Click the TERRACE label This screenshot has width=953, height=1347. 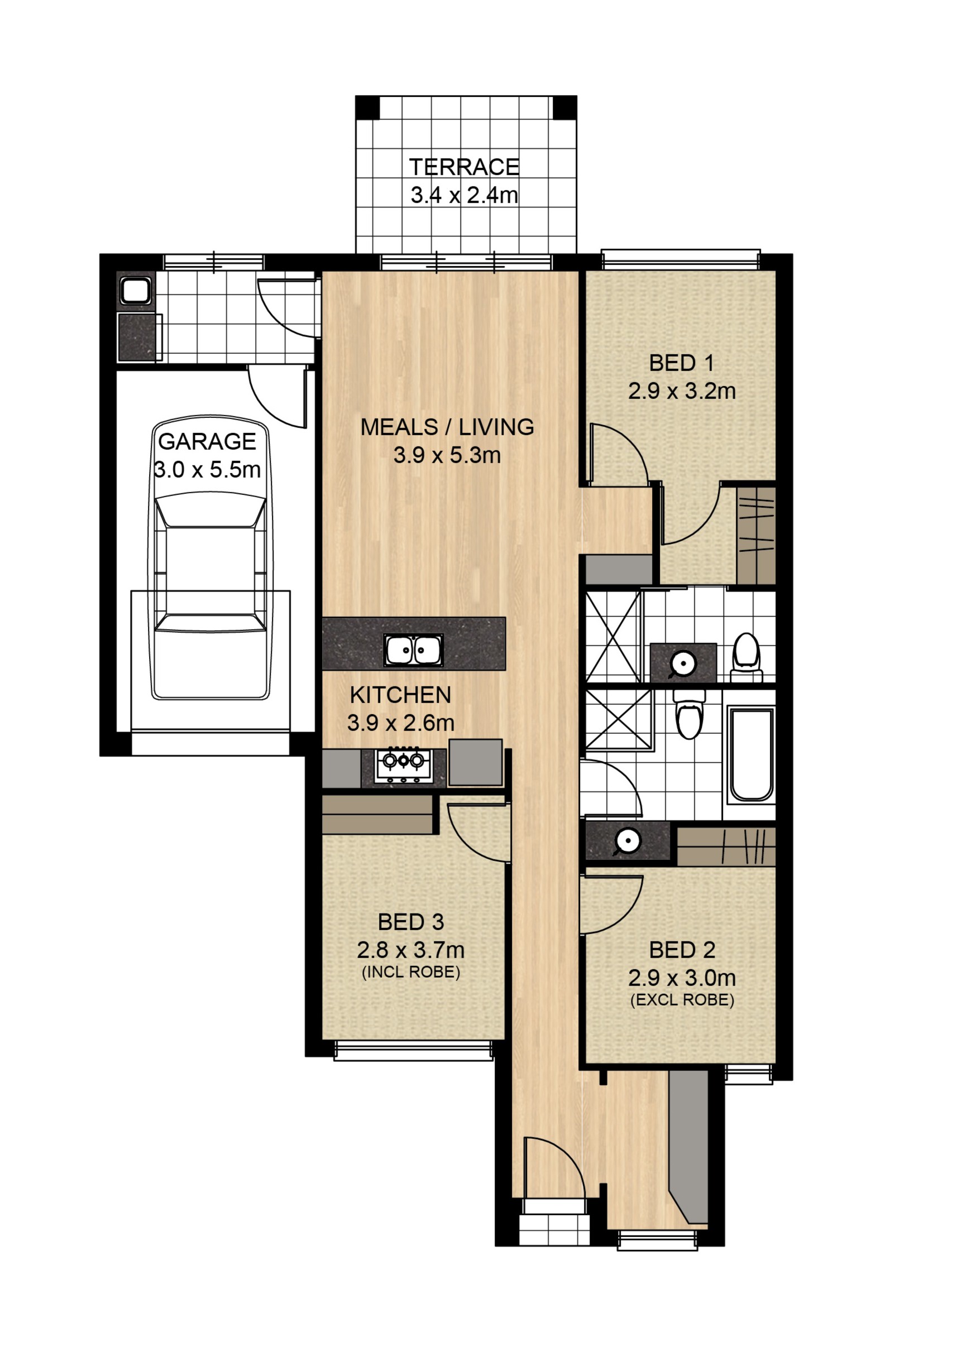pyautogui.click(x=464, y=167)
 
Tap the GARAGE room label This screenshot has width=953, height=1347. pyautogui.click(x=207, y=442)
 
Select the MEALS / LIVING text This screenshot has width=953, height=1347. pyautogui.click(x=447, y=427)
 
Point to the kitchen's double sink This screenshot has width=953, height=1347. pyautogui.click(x=414, y=650)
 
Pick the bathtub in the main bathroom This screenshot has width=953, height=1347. pyautogui.click(x=751, y=754)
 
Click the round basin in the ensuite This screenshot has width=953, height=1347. pyautogui.click(x=683, y=664)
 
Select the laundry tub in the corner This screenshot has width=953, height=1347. pyautogui.click(x=136, y=290)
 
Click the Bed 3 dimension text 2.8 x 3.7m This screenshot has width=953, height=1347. pyautogui.click(x=411, y=949)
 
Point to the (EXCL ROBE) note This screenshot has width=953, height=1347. pyautogui.click(x=682, y=1000)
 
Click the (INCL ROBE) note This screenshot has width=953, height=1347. pyautogui.click(x=411, y=972)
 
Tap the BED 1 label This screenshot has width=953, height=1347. pyautogui.click(x=682, y=363)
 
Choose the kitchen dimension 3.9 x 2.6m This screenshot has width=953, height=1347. pyautogui.click(x=401, y=723)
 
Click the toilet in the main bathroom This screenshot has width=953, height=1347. pyautogui.click(x=689, y=715)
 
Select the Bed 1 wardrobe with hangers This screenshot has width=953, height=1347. pyautogui.click(x=756, y=536)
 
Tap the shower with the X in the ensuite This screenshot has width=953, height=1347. pyautogui.click(x=613, y=637)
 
